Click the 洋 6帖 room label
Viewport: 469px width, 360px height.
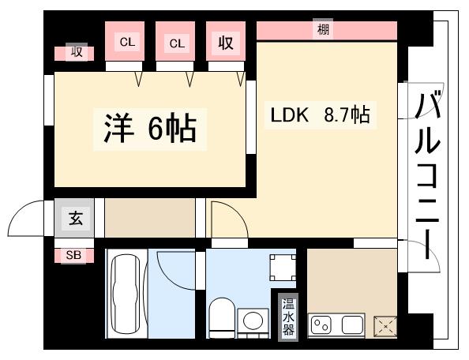(x=149, y=128)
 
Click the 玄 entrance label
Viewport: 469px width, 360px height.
(x=76, y=218)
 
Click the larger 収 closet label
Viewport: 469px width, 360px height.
(x=226, y=43)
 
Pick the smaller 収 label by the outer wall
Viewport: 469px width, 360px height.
(x=76, y=53)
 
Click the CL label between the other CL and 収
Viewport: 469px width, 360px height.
(x=176, y=43)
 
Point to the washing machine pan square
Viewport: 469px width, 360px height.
(x=283, y=267)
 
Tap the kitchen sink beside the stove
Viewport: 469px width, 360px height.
(x=349, y=324)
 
